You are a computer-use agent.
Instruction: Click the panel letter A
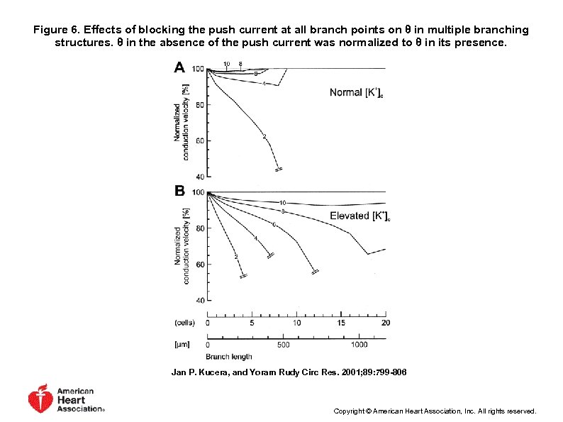[179, 67]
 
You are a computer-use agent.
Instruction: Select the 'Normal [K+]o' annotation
[357, 93]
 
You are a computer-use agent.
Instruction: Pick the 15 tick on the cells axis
[341, 323]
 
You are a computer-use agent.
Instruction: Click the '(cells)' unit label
[184, 323]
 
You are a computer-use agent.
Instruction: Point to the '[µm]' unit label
[182, 345]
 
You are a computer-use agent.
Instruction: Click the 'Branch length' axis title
[230, 357]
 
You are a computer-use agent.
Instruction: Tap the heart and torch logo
[40, 399]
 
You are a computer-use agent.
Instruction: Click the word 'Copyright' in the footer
[349, 411]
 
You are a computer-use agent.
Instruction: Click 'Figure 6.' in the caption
[57, 30]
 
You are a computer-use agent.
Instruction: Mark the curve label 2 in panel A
[264, 136]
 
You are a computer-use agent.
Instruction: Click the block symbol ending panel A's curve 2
[279, 170]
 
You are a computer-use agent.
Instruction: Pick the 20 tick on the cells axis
[386, 323]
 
